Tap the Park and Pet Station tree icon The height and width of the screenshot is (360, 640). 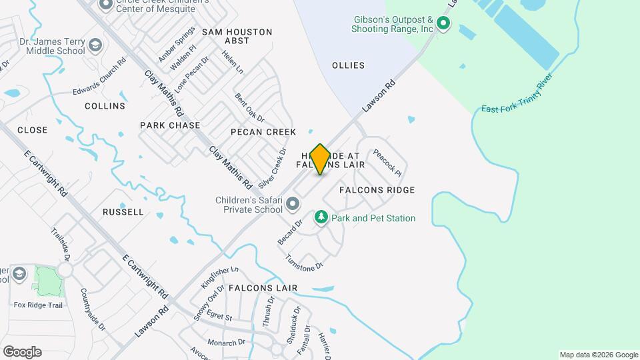321,218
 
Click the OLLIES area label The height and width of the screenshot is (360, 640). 349,65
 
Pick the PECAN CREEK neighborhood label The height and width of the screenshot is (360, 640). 263,132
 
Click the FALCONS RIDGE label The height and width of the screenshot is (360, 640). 377,190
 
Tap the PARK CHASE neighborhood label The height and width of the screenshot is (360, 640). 170,125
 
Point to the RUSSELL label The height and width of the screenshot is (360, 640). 123,212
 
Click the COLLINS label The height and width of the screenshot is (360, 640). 105,106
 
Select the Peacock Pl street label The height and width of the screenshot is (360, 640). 387,162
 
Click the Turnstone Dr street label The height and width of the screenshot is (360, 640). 304,262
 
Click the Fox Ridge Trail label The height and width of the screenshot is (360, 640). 38,305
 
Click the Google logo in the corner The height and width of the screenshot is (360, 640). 22,352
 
